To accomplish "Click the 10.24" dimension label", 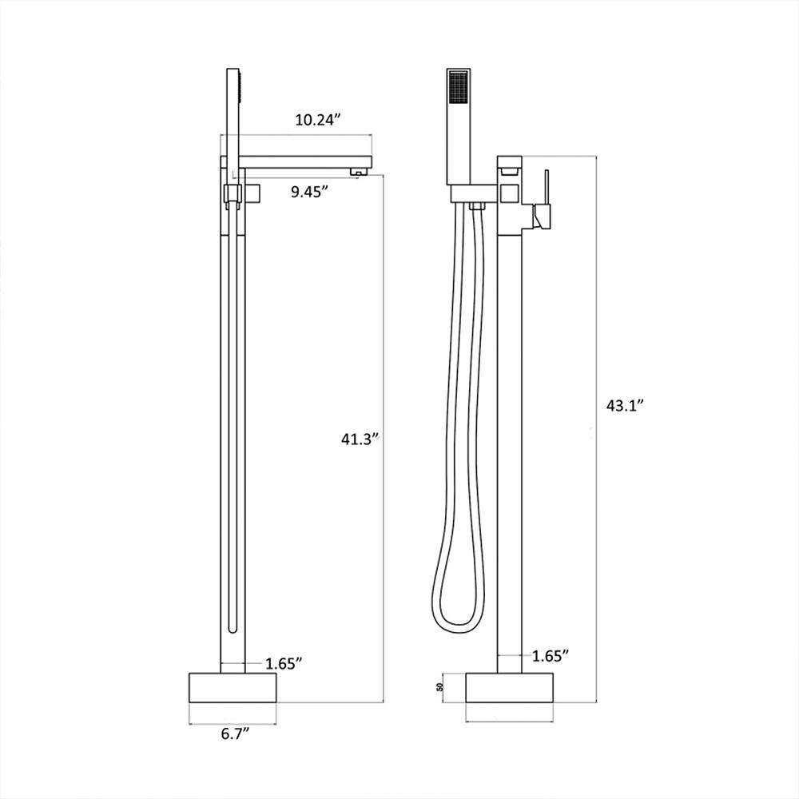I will point(317,120).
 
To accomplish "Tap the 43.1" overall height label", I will point(626,404).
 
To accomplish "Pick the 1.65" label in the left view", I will point(285,662).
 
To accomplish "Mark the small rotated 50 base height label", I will point(439,687).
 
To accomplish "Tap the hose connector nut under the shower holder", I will point(478,207).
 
